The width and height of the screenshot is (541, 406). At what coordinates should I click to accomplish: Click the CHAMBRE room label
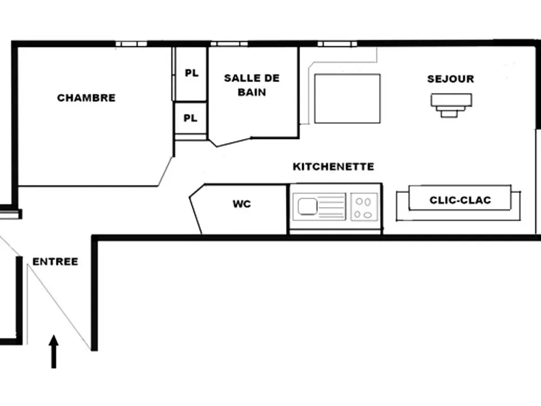coord(87,98)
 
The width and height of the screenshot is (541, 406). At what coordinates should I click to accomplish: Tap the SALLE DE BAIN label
coord(252,85)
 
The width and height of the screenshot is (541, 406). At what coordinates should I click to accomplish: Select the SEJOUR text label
coord(450,79)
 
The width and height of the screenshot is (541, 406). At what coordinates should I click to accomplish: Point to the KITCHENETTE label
coord(333,166)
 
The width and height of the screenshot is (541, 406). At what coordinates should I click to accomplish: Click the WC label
coord(242,204)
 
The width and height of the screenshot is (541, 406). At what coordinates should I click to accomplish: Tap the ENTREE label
coord(55,261)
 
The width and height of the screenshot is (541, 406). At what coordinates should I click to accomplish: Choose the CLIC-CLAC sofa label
coord(460,200)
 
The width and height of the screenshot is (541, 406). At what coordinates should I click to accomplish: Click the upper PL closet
coord(191,73)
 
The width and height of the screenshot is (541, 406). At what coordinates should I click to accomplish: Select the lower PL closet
coord(190,118)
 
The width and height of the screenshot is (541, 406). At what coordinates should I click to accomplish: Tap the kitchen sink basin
coord(307,206)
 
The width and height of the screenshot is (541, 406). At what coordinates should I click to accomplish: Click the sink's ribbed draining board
coord(331,206)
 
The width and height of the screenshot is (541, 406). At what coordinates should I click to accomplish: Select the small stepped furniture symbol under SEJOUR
coord(451,105)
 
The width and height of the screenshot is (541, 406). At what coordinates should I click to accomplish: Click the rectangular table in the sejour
coord(347,99)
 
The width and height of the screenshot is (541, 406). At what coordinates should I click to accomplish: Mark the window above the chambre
coord(131,43)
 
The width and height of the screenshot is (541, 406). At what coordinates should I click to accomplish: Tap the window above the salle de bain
coord(229,43)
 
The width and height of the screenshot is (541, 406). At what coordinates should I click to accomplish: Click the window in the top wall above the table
coord(337,43)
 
